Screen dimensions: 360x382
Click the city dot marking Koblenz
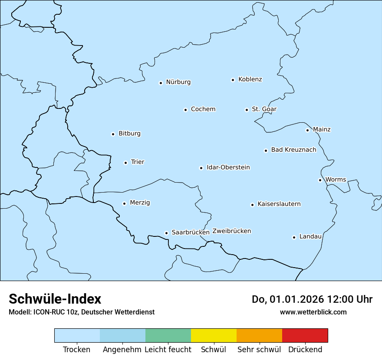tap(233, 80)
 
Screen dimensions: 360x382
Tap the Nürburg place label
tap(178, 82)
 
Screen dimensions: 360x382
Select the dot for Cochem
tap(185, 110)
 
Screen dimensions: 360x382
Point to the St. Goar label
tap(264, 109)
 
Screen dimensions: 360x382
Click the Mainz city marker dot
tap(307, 130)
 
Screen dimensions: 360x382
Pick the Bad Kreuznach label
tap(293, 150)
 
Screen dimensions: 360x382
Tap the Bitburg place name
tap(129, 134)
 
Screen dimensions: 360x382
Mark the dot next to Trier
tap(125, 163)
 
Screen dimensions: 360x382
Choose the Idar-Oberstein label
tap(228, 167)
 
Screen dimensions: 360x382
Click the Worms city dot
tap(320, 180)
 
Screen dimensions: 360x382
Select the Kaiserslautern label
tap(279, 204)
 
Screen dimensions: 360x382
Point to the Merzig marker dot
tap(124, 203)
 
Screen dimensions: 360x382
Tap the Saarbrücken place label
tap(190, 232)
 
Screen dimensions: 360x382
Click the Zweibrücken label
tap(231, 231)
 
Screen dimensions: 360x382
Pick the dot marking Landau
tap(294, 237)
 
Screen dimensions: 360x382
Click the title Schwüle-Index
tap(55, 299)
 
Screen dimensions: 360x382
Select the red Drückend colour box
tap(305, 336)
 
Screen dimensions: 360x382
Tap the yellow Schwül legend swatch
tap(214, 336)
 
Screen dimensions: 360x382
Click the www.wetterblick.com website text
tap(313, 312)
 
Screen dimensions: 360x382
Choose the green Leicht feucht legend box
tap(168, 336)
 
